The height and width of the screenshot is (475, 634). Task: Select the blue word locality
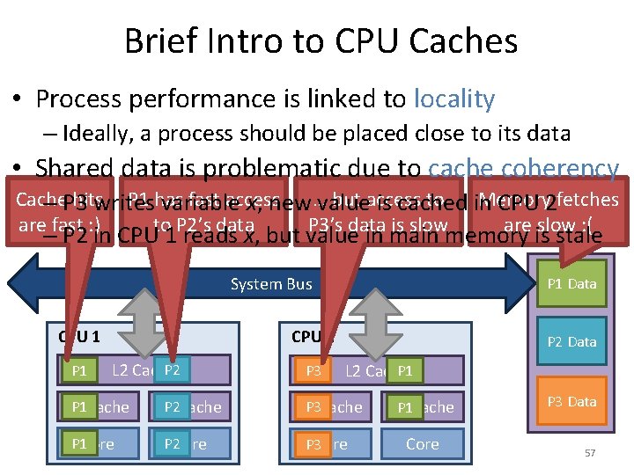[x=453, y=99]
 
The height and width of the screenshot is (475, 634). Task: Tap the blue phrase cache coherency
[x=523, y=169]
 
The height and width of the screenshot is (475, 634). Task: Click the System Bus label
[x=271, y=283]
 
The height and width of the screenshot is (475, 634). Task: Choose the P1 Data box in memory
[x=571, y=283]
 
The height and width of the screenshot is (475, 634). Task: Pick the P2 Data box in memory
[x=571, y=341]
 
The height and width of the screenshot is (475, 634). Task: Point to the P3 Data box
[x=571, y=401]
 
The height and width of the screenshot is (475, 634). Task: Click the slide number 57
[x=590, y=453]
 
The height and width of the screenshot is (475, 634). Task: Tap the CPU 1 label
[x=79, y=335]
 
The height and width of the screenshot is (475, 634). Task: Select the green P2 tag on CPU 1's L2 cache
[x=173, y=370]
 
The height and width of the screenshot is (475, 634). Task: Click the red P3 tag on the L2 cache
[x=313, y=371]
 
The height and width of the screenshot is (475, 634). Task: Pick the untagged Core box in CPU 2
[x=423, y=444]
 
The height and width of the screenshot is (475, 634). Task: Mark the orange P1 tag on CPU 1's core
[x=79, y=444]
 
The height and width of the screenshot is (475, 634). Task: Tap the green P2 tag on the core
[x=173, y=444]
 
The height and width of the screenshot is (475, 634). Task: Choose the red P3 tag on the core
[x=313, y=444]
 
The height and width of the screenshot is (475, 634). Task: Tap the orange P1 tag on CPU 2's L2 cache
[x=405, y=371]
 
